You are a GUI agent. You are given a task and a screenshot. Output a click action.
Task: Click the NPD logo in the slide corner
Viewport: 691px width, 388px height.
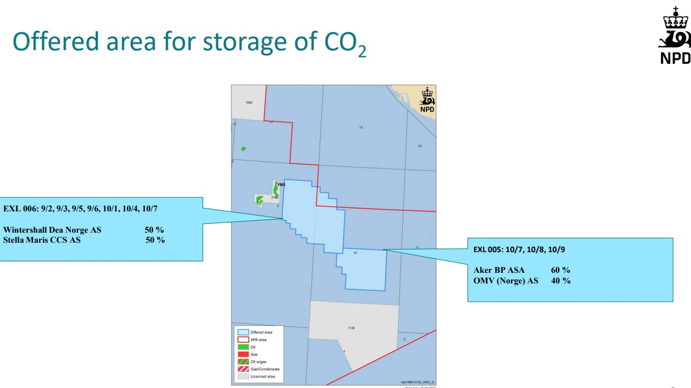pyautogui.click(x=674, y=36)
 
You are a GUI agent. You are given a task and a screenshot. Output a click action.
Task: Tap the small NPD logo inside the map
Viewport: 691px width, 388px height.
pyautogui.click(x=426, y=100)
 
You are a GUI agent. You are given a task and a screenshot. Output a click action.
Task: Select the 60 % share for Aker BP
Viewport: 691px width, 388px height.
pyautogui.click(x=560, y=270)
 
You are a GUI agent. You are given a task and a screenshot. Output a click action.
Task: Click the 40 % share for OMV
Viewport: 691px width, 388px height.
pyautogui.click(x=560, y=281)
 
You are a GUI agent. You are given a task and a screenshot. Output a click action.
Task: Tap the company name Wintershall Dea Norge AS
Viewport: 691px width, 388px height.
pyautogui.click(x=52, y=230)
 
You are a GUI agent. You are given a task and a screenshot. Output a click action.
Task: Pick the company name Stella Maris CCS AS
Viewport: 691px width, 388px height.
pyautogui.click(x=42, y=240)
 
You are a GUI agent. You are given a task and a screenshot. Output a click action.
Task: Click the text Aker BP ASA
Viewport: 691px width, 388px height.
pyautogui.click(x=499, y=270)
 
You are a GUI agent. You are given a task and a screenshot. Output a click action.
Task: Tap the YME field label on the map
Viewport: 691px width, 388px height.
pyautogui.click(x=282, y=184)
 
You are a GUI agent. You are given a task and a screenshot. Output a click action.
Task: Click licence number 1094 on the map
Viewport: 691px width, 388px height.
pyautogui.click(x=249, y=103)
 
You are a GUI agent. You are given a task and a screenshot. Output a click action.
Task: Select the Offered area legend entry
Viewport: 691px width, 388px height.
pyautogui.click(x=261, y=332)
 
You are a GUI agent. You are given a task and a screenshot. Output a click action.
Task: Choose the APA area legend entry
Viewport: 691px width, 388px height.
pyautogui.click(x=258, y=340)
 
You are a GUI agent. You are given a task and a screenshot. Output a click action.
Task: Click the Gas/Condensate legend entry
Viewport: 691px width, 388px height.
pyautogui.click(x=265, y=369)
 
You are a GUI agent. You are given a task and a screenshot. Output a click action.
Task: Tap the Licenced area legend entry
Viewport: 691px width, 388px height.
pyautogui.click(x=263, y=376)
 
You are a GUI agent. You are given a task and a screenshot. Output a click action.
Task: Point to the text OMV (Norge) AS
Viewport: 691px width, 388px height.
pyautogui.click(x=506, y=281)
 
